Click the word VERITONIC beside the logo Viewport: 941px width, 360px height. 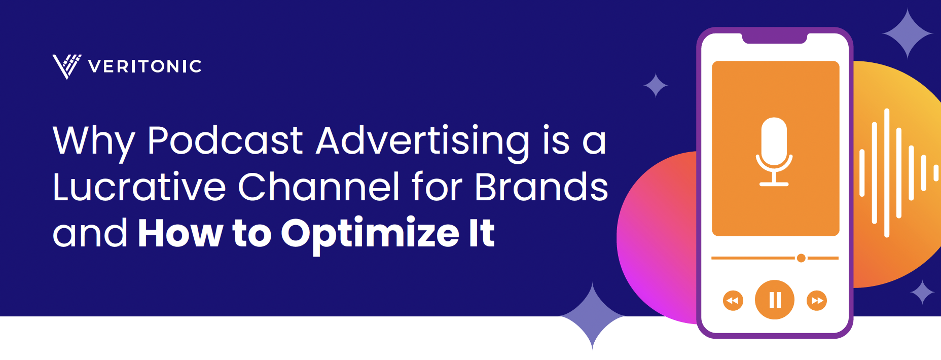145,66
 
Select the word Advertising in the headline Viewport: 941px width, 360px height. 423,142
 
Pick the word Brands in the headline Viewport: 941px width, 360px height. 541,187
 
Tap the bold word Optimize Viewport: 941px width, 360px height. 370,235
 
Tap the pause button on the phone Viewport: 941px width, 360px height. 775,300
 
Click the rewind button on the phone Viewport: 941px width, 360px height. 733,300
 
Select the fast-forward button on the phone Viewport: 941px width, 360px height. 817,300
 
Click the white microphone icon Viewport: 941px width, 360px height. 774,152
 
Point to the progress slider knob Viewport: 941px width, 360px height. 801,258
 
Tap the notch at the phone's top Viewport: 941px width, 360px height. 775,39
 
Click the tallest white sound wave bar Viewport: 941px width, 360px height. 887,173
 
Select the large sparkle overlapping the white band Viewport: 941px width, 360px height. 592,316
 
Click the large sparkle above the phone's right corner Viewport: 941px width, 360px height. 908,33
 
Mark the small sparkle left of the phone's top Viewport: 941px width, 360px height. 656,85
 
